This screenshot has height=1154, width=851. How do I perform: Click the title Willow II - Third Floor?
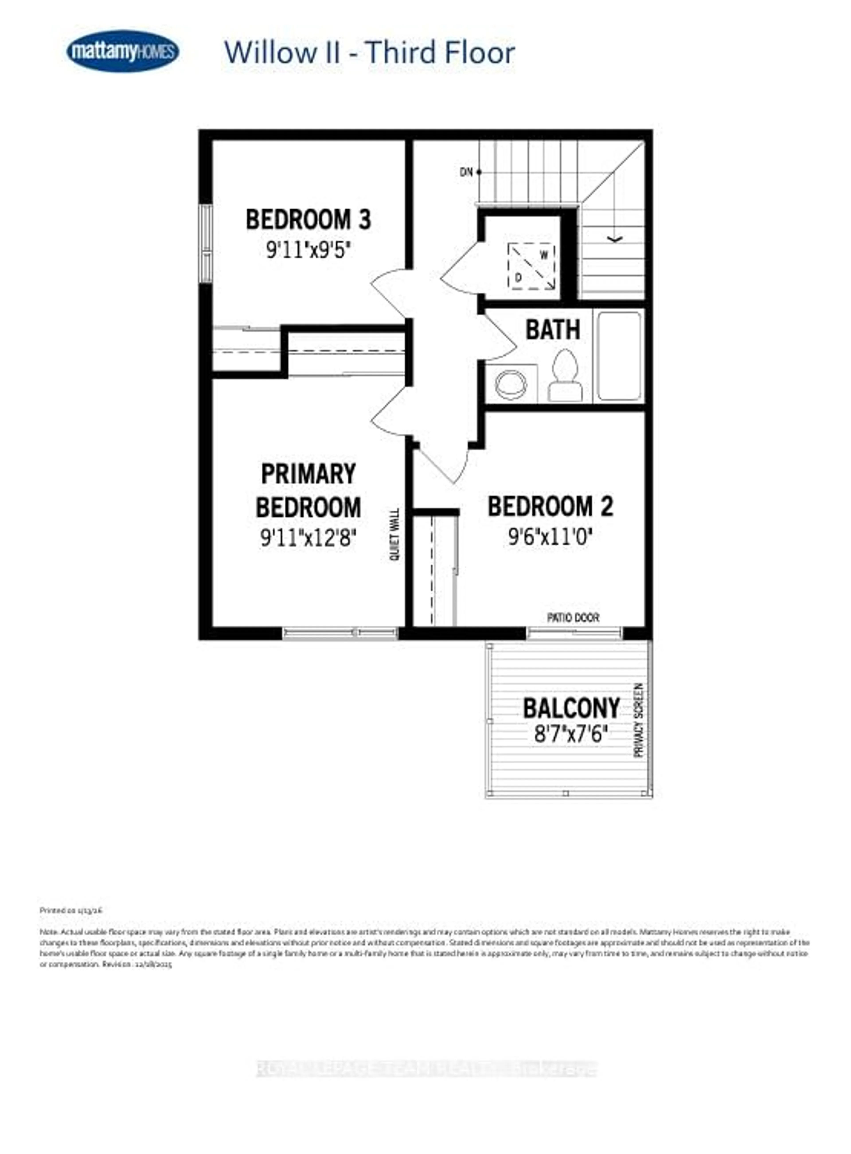tap(369, 53)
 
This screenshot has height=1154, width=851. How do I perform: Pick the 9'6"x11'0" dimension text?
tap(550, 538)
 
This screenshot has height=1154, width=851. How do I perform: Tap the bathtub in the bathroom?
tap(619, 356)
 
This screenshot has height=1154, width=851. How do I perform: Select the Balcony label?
tap(571, 708)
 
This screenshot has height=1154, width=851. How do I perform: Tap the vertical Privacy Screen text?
tap(639, 720)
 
